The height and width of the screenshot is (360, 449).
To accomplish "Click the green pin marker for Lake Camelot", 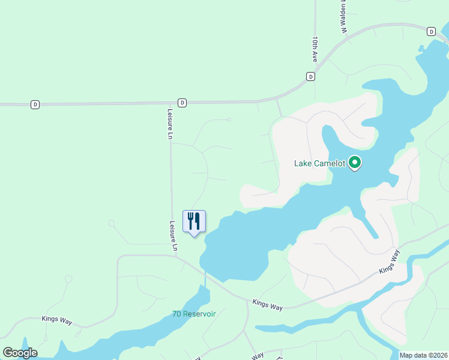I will click(355, 163).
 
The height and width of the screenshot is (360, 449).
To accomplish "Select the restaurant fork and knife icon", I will click(194, 221).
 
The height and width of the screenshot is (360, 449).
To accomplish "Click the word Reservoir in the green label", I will click(200, 314).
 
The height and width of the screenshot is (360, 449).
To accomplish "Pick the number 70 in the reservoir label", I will click(177, 314).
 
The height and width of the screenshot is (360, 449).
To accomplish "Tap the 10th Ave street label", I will click(314, 49).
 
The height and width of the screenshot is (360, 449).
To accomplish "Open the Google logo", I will click(20, 353).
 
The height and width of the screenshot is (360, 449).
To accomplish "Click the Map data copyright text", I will click(423, 355).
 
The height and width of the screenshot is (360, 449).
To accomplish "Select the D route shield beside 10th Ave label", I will click(310, 76).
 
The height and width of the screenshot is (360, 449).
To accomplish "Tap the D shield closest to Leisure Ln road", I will click(182, 103).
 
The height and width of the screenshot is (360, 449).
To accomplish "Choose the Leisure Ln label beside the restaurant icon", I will click(173, 236).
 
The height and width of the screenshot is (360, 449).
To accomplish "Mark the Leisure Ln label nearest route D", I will click(170, 124).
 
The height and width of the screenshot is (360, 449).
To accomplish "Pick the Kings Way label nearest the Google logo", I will click(57, 320).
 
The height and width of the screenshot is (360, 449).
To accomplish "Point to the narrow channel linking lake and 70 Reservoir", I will click(205, 278).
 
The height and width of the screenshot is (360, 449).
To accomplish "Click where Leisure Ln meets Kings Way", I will click(175, 256).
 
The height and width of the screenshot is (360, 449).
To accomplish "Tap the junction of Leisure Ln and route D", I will click(170, 103).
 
